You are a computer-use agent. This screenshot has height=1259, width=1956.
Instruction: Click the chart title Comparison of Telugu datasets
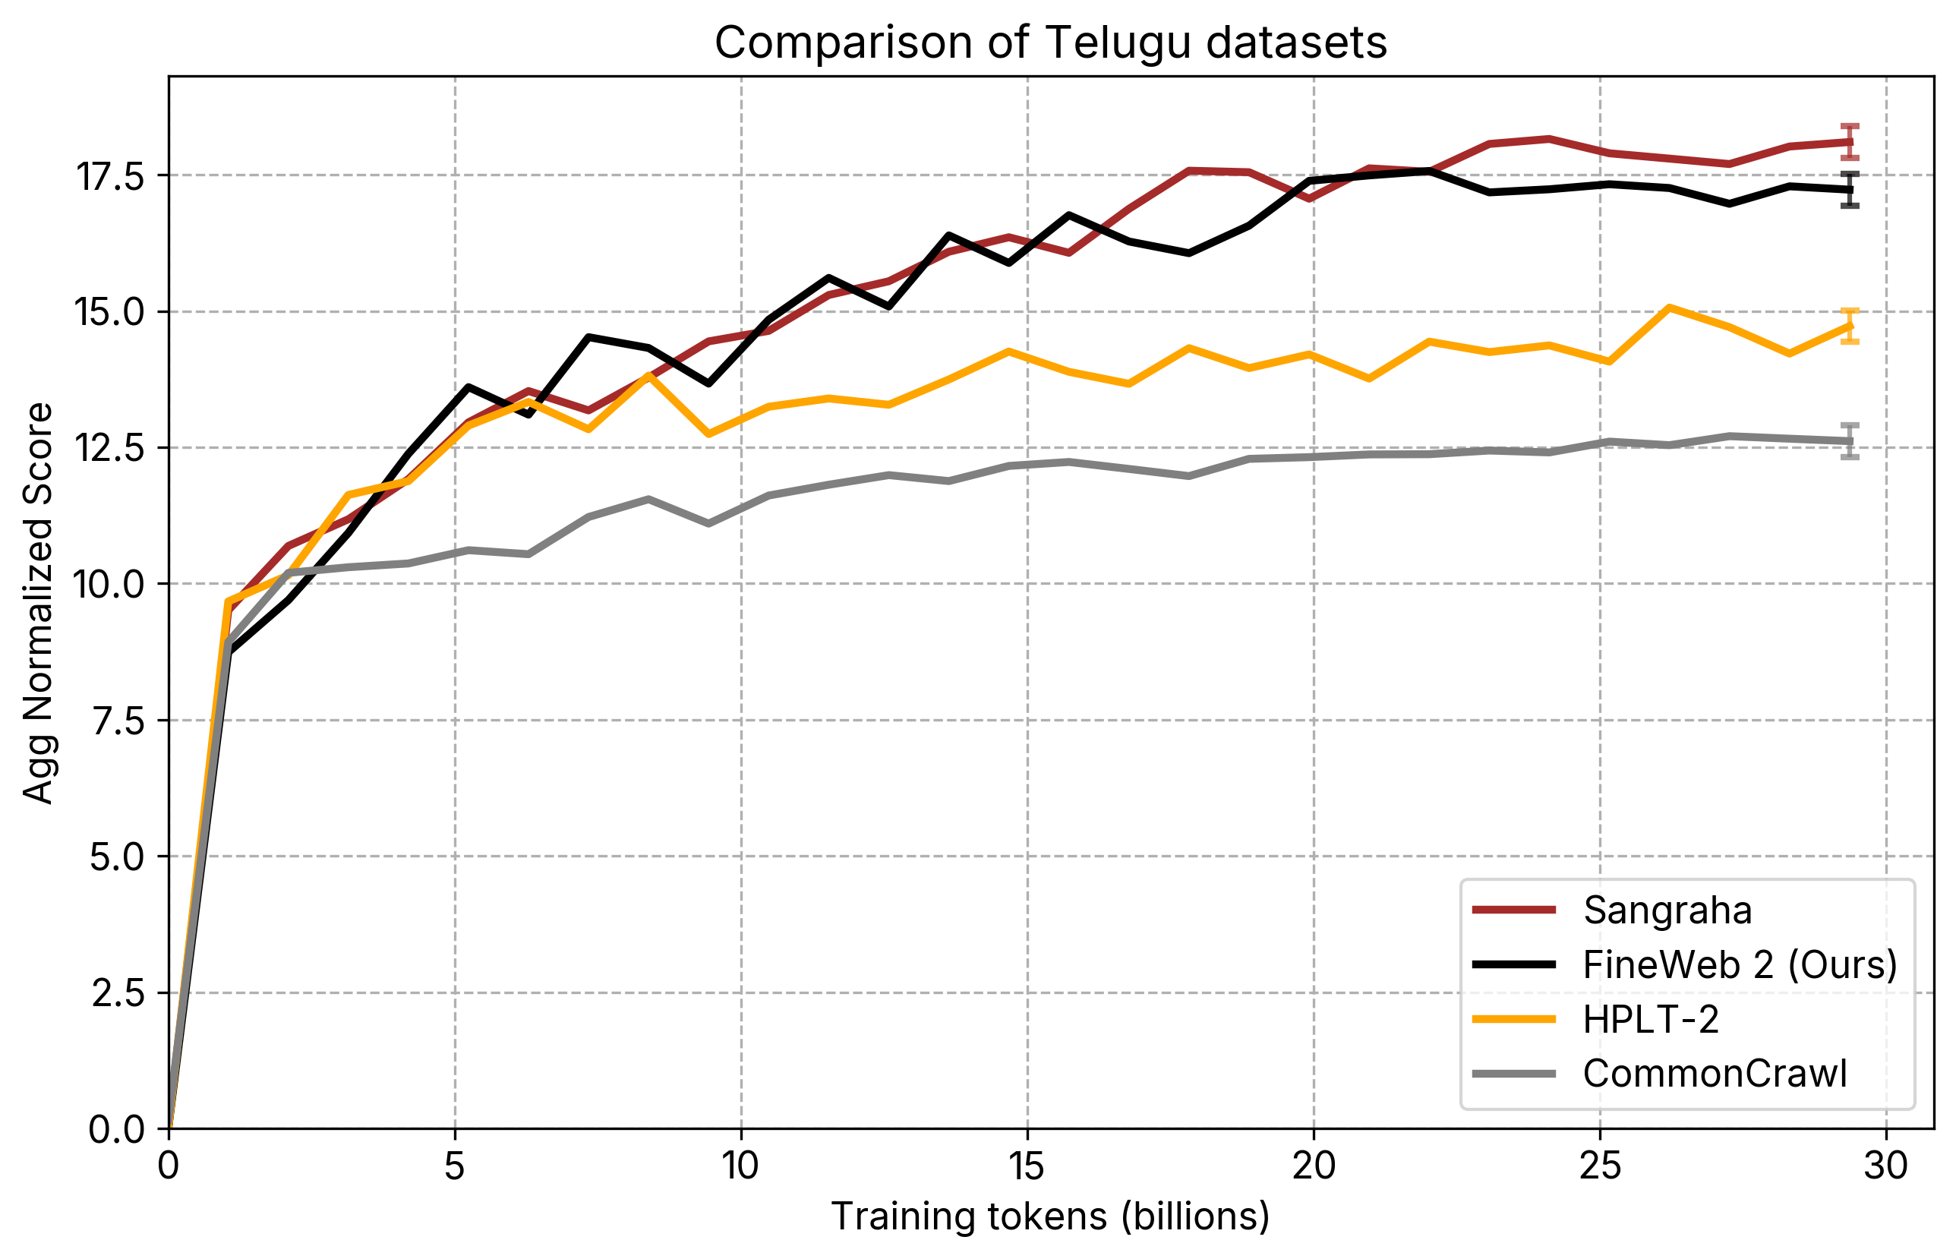tap(1050, 43)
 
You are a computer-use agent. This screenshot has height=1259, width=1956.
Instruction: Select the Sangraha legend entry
tap(1667, 910)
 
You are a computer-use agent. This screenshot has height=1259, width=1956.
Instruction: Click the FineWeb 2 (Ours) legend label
tap(1740, 964)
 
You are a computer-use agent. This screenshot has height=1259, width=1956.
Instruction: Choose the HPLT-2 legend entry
tap(1650, 1020)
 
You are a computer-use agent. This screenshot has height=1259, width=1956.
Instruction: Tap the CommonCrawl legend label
tap(1714, 1074)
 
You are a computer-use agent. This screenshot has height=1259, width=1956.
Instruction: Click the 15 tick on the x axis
tap(1027, 1166)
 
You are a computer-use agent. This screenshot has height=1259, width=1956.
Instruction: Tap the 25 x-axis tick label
tap(1600, 1166)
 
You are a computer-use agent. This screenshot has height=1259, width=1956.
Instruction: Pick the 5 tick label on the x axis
tap(455, 1166)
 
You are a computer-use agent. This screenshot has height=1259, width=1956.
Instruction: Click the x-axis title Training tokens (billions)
tap(1050, 1217)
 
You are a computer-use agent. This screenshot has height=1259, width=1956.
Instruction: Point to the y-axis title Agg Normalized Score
tap(38, 604)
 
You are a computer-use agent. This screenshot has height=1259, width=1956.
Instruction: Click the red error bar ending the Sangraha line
tap(1850, 141)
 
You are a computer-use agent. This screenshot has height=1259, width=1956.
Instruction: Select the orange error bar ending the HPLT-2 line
tap(1850, 327)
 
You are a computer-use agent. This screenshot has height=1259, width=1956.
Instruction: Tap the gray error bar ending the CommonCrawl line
tap(1850, 441)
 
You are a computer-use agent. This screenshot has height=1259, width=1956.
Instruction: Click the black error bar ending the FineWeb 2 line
tap(1850, 191)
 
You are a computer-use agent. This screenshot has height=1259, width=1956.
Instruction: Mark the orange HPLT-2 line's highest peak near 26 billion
tap(1669, 308)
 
